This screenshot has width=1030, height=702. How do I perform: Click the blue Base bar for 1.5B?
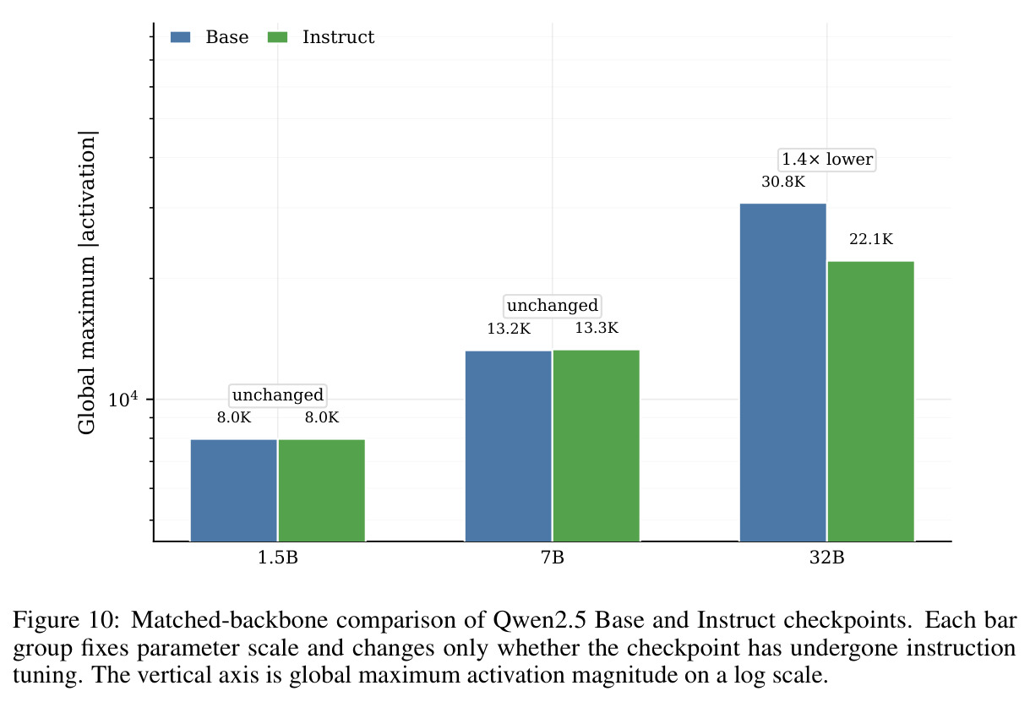click(233, 491)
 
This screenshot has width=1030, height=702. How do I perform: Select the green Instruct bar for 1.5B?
click(322, 491)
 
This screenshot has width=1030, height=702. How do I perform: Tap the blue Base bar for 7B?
click(508, 446)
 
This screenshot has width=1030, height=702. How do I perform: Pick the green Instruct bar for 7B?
click(597, 446)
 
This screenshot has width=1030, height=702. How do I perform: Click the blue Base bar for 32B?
click(783, 373)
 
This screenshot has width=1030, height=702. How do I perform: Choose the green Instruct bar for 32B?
click(871, 401)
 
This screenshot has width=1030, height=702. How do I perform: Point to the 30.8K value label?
click(783, 182)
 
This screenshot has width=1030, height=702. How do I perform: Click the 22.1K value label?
click(871, 239)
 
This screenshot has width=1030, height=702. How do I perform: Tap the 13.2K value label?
click(509, 329)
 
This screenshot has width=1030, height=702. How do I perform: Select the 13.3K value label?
click(597, 328)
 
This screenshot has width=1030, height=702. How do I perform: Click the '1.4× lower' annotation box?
click(826, 160)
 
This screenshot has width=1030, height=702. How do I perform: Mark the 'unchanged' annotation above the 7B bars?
click(553, 306)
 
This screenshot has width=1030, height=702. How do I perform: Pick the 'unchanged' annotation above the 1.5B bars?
click(278, 395)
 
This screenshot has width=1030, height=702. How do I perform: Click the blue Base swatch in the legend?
click(180, 37)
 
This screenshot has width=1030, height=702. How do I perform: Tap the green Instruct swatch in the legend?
click(277, 37)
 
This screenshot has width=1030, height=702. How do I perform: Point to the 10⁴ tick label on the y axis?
click(123, 399)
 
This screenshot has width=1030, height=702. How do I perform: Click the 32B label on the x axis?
click(826, 558)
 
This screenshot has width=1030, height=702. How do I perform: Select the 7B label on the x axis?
click(553, 558)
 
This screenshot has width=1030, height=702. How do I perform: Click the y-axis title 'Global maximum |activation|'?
click(86, 282)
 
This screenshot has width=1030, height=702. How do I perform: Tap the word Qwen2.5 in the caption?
click(539, 621)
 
